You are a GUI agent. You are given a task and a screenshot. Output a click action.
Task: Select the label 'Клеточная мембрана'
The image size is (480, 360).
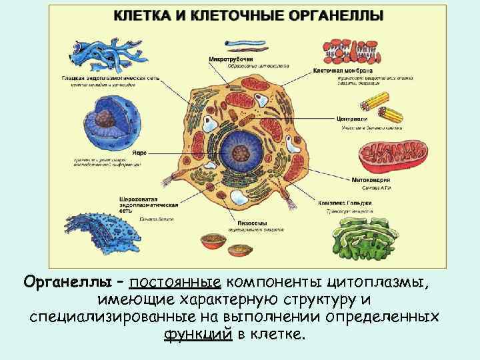pyautogui.click(x=343, y=70)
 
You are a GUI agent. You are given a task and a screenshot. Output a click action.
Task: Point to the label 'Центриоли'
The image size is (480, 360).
pyautogui.click(x=353, y=119)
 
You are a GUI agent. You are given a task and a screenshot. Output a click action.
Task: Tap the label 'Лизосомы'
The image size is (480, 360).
pyautogui.click(x=252, y=223)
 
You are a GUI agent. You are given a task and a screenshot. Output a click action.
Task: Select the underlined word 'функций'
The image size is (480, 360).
pyautogui.click(x=197, y=333)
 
